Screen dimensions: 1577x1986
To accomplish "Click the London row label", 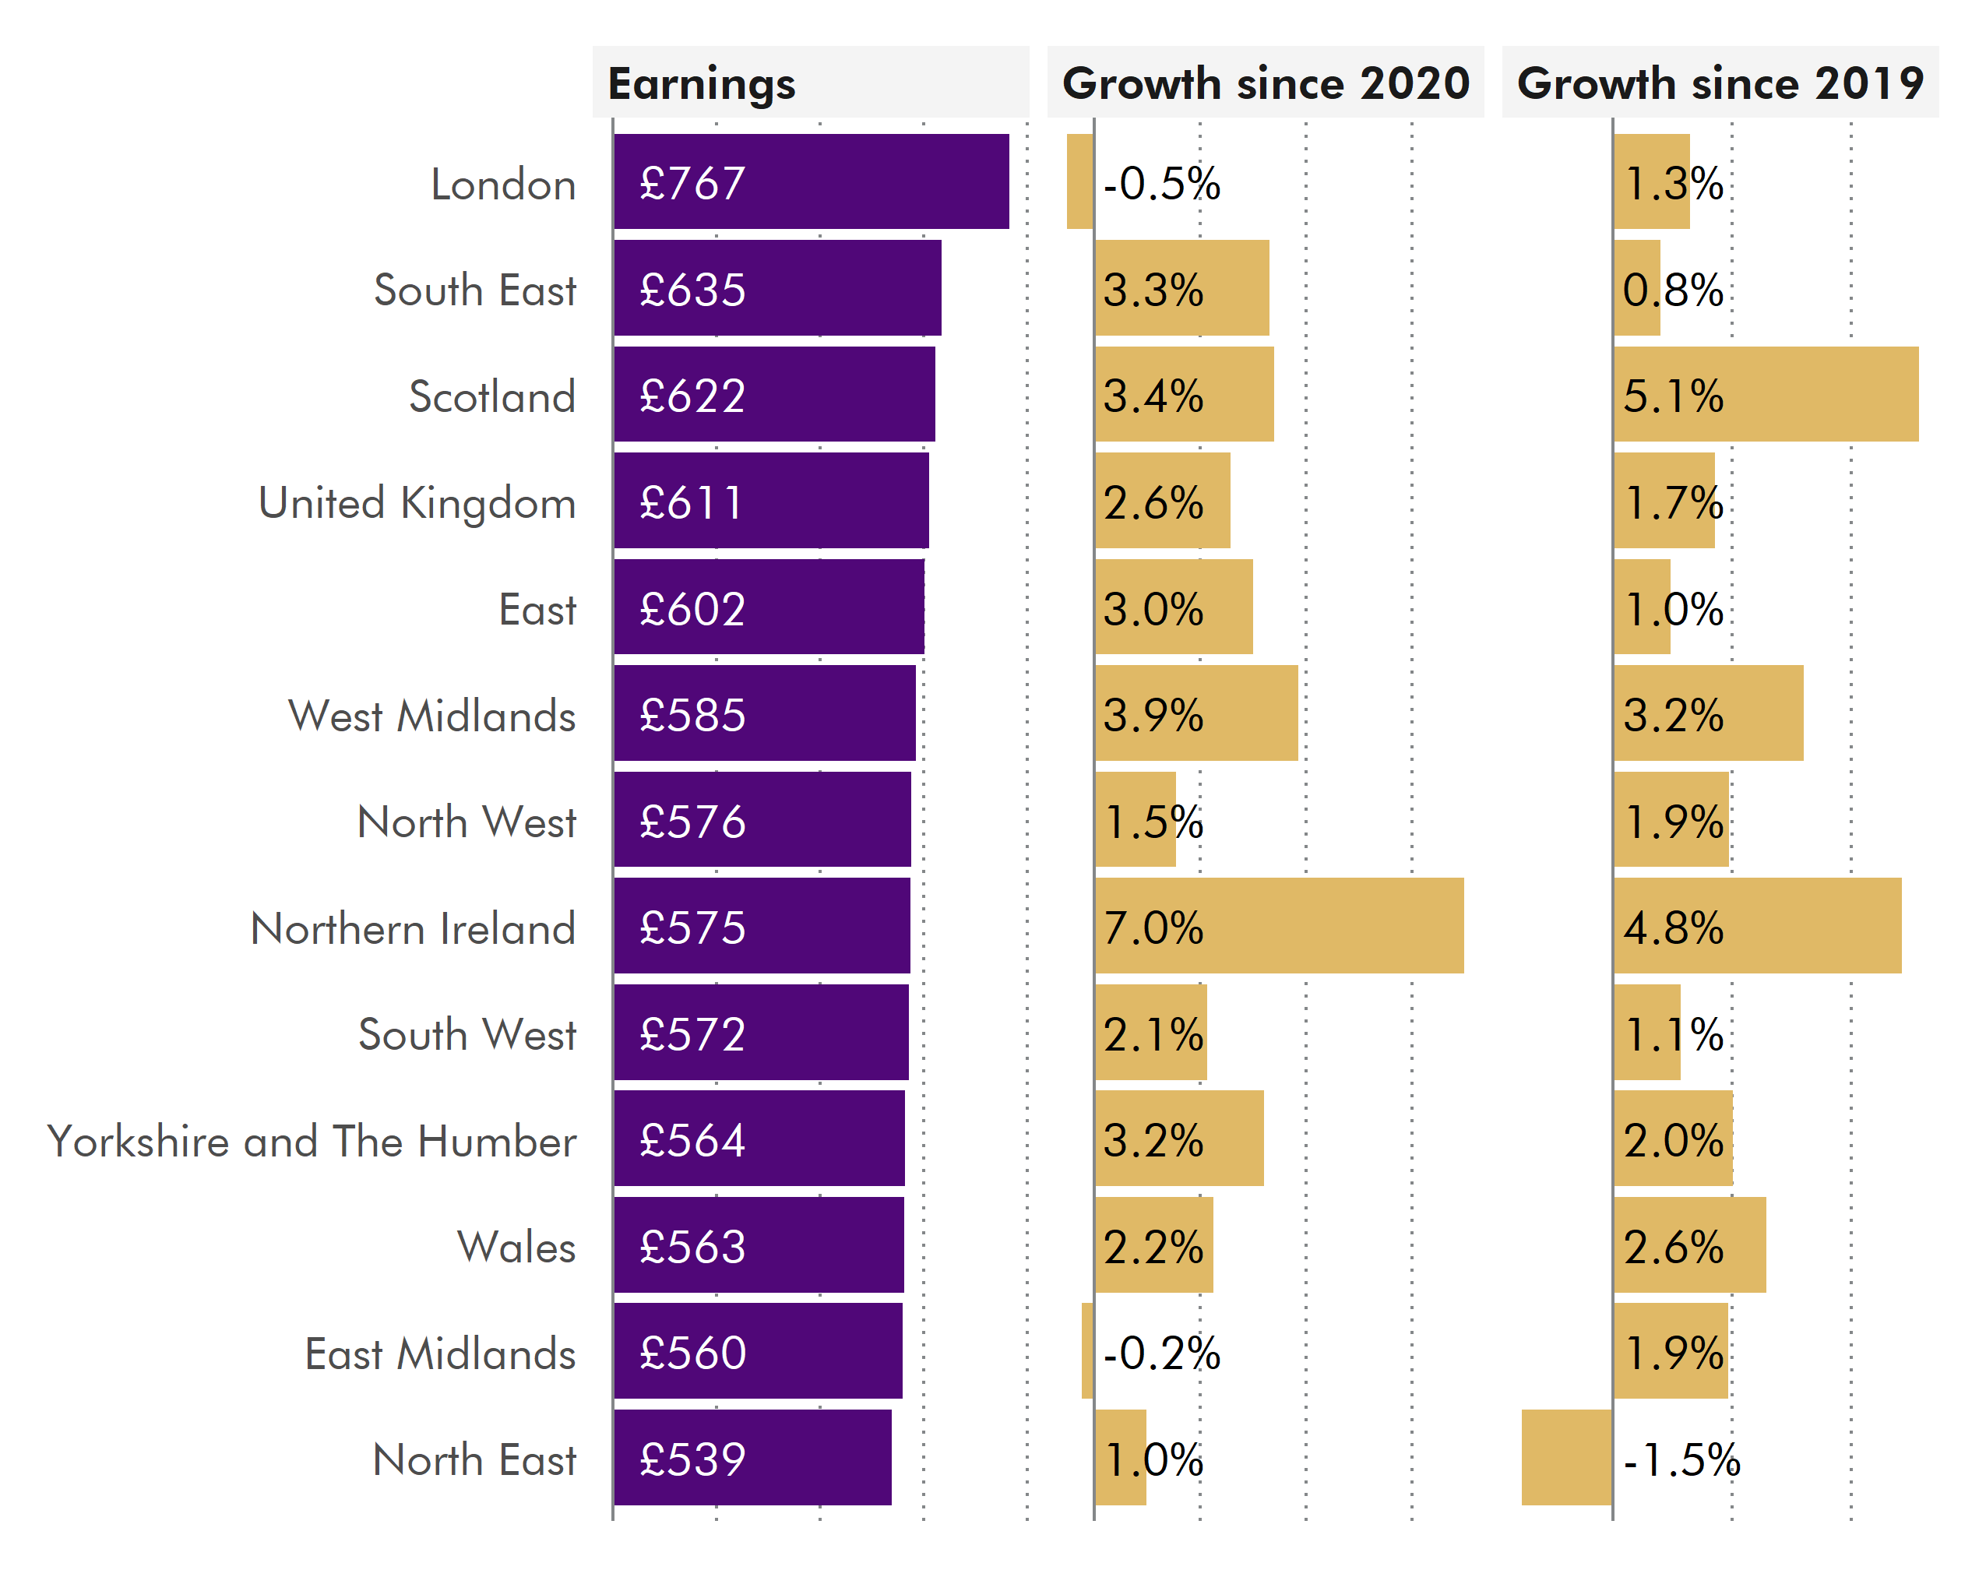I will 503,185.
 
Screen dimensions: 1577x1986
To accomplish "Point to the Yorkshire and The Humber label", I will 312,1142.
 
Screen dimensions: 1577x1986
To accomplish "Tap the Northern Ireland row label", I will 413,928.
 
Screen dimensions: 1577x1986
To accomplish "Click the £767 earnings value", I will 692,183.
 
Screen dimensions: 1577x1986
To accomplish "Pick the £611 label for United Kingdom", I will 690,503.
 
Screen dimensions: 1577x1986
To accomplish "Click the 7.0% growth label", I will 1153,928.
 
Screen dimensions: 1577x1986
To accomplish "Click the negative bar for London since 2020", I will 1079,181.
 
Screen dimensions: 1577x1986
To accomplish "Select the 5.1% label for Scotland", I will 1672,396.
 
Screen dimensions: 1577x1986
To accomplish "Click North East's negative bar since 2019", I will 1566,1458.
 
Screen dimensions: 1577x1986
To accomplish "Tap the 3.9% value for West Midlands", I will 1153,716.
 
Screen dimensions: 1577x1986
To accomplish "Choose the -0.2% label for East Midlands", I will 1160,1353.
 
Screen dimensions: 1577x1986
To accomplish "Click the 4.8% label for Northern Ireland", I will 1672,928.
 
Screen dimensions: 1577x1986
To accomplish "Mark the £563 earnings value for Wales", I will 692,1248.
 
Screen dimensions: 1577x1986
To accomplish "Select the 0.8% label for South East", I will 1672,290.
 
